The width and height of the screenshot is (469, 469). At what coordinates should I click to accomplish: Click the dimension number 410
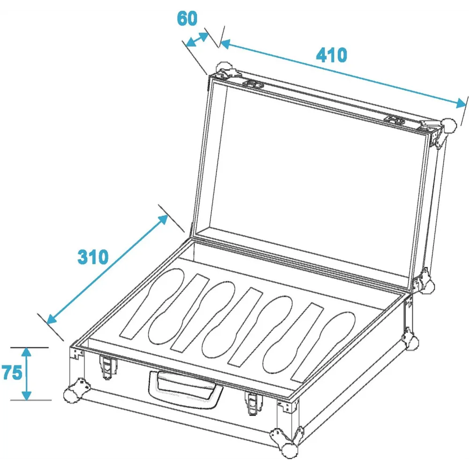pos(332,55)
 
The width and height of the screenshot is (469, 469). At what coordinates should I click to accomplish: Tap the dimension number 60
pos(187,18)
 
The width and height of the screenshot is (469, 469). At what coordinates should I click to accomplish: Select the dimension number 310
pos(93,257)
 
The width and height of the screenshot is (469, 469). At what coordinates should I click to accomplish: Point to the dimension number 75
pos(12,373)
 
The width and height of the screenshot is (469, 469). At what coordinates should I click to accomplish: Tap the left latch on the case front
pos(107,367)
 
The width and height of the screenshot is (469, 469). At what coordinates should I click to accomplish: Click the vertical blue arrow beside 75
pos(27,374)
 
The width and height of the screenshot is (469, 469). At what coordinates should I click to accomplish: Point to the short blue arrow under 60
pos(197,40)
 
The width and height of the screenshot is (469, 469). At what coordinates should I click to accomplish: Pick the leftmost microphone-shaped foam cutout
pos(166,306)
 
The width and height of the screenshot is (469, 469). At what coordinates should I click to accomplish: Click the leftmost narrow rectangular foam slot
pos(164,306)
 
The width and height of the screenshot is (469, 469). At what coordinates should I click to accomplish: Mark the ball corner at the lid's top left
pos(224,68)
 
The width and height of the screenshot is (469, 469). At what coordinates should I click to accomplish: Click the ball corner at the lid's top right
pos(449,126)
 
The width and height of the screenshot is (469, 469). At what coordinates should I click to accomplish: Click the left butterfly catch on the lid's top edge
pos(254,84)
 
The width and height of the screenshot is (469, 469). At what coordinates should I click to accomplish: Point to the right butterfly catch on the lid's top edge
pos(395,120)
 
